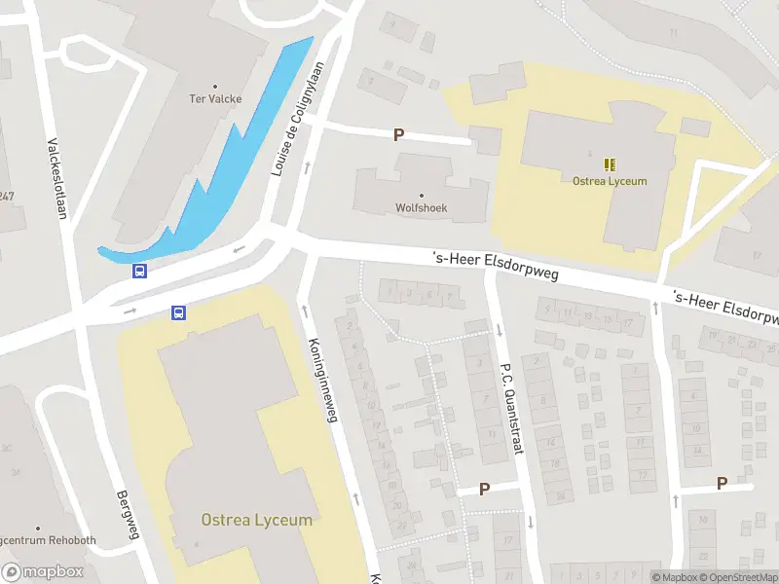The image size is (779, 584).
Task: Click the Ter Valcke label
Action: click(215, 98)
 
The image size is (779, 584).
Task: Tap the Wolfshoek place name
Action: click(421, 207)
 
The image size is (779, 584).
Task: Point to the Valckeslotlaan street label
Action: click(56, 180)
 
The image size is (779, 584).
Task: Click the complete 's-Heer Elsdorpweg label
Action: click(495, 265)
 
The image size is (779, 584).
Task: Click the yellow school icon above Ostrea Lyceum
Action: click(610, 164)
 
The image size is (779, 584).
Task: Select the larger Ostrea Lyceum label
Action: click(257, 520)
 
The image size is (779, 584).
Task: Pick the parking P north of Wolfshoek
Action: click(397, 135)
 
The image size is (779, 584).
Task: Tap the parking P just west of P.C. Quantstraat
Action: click(484, 489)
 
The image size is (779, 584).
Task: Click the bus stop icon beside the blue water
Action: click(140, 272)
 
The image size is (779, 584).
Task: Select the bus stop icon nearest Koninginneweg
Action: click(179, 312)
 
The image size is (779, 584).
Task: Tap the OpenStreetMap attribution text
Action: click(736, 577)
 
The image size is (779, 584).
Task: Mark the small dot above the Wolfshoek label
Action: click(421, 195)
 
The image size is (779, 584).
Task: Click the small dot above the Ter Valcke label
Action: click(215, 86)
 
